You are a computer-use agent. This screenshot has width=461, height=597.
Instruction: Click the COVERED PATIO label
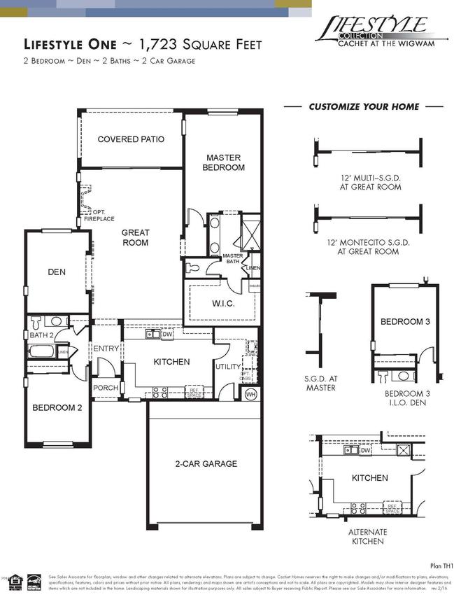pos(131,139)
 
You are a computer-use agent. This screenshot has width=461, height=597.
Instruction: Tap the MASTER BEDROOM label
pos(223,162)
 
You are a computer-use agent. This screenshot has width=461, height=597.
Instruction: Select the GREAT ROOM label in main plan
pos(135,237)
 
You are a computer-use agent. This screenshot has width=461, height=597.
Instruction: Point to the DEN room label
pos(56,272)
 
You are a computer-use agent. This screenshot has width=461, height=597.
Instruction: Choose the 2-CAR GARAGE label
pos(206,463)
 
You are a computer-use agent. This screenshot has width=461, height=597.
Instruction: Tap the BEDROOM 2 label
pos(58,407)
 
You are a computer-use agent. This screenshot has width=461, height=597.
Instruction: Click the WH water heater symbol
pos(251,395)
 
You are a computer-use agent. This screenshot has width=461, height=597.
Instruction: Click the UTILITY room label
pos(227,366)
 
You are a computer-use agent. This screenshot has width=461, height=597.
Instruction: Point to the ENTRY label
pos(106,349)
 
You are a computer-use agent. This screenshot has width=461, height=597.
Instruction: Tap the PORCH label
pos(106,387)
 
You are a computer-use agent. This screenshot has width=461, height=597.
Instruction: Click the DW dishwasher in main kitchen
pos(166,335)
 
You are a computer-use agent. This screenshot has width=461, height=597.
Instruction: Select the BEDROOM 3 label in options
pos(404,321)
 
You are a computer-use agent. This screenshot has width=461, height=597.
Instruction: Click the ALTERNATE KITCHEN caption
pos(367,536)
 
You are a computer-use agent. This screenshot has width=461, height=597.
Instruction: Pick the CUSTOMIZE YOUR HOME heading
pos(364,107)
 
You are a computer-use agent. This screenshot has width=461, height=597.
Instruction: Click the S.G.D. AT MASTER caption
pos(321,383)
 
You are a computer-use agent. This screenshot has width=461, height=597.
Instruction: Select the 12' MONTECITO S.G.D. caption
pos(367,246)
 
